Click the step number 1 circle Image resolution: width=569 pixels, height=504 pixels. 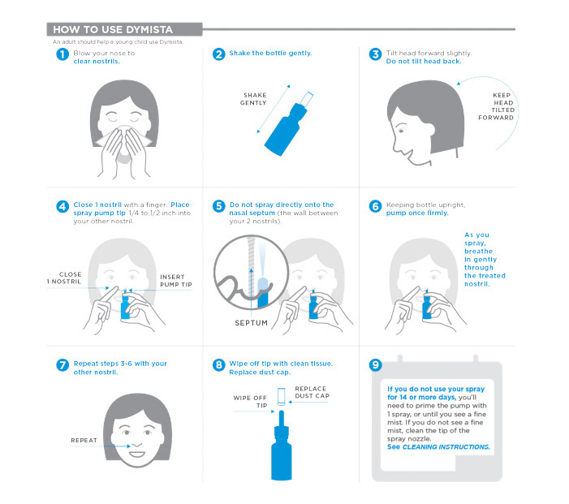tap(63, 54)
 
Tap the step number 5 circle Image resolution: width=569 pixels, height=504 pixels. tap(219, 206)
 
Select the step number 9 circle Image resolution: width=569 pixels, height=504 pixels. tap(376, 364)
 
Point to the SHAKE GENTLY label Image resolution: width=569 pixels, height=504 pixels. tap(253, 99)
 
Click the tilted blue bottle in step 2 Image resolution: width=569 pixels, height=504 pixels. tap(287, 126)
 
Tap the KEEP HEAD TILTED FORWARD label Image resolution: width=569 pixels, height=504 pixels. tap(496, 106)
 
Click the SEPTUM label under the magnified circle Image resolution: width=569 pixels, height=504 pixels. tap(251, 322)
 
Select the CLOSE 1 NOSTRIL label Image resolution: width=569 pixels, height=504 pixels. tap(64, 278)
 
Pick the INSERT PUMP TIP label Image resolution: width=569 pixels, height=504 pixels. tap(176, 281)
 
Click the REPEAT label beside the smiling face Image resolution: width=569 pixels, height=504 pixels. tap(84, 440)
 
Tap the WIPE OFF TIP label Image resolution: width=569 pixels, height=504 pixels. tap(250, 402)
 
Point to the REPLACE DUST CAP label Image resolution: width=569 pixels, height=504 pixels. tap(312, 392)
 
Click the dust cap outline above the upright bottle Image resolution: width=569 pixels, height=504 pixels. tap(281, 397)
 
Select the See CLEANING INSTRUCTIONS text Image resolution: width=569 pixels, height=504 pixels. tap(438, 447)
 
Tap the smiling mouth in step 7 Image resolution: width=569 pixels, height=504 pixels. tap(137, 454)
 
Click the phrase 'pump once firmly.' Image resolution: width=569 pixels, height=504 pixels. tap(417, 213)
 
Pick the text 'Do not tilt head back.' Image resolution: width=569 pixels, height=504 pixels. tap(424, 62)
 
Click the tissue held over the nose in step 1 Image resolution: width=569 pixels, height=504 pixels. tap(123, 141)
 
